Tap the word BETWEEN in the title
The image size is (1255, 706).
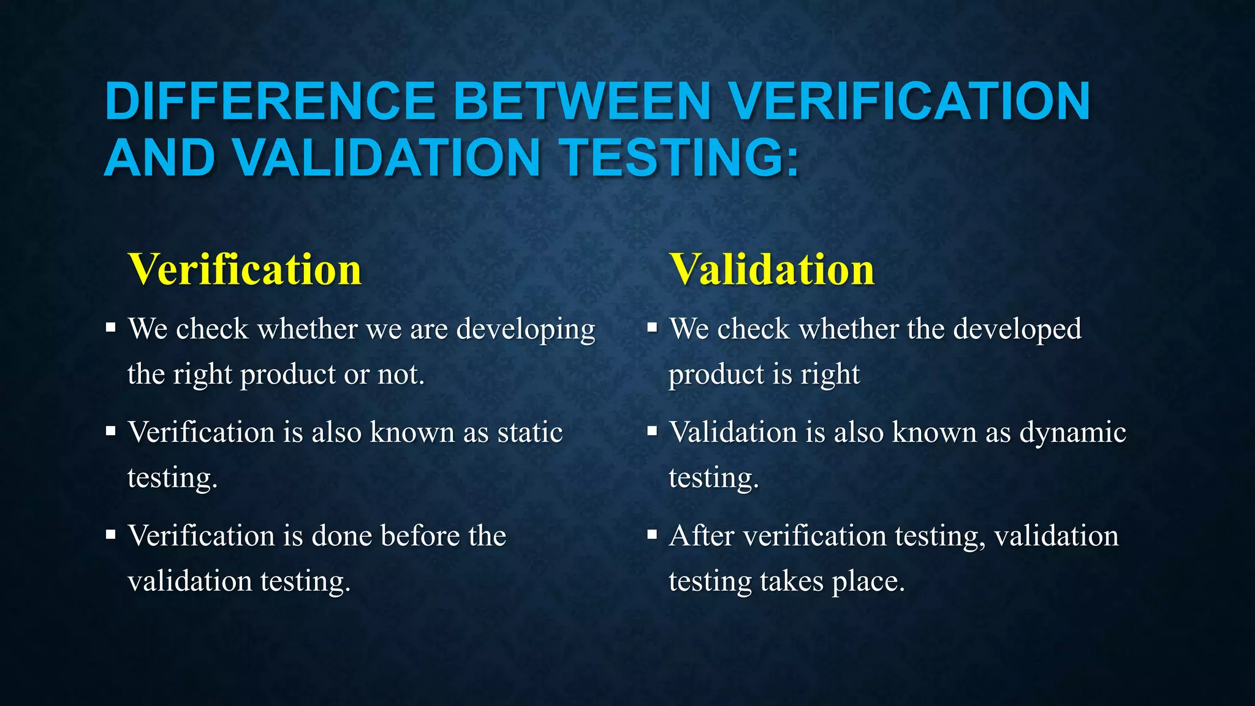(582, 101)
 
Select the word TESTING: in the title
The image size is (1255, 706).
(681, 158)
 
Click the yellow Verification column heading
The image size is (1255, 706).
(245, 270)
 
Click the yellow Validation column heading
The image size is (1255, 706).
(772, 270)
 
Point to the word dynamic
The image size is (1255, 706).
(1072, 432)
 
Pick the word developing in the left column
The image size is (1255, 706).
(526, 330)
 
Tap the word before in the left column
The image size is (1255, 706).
(420, 536)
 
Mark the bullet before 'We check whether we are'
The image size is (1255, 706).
(110, 328)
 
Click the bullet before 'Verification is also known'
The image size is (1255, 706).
(110, 431)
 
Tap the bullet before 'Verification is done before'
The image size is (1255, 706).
(110, 535)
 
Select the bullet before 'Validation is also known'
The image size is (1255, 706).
(652, 431)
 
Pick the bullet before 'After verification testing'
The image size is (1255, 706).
(652, 535)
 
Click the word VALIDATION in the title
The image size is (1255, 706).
(386, 158)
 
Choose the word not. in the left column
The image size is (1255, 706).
(401, 374)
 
